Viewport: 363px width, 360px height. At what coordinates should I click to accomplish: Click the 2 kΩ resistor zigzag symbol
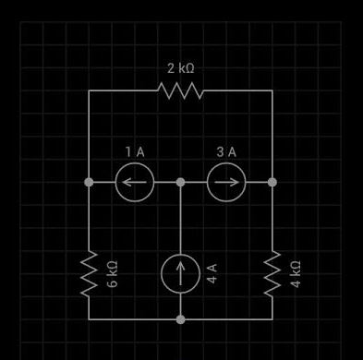180,90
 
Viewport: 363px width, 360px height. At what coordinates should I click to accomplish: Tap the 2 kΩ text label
180,68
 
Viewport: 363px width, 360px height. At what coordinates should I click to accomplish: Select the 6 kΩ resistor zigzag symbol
89,273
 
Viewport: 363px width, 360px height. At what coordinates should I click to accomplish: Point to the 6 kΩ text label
112,273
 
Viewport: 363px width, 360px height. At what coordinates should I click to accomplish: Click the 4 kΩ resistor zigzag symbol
272,273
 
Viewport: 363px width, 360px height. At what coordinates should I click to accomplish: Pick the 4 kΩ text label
296,273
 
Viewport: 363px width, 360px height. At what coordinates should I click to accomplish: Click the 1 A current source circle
135,182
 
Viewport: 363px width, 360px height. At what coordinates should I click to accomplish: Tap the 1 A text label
135,151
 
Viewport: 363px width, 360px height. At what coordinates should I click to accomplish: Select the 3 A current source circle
226,182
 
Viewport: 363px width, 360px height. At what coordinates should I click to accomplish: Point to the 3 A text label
226,151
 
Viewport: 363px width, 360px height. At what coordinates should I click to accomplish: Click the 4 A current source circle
181,273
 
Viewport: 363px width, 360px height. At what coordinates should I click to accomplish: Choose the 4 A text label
212,273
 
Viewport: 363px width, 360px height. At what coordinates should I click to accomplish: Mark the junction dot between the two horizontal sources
181,182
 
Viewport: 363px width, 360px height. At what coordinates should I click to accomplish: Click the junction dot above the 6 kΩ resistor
89,182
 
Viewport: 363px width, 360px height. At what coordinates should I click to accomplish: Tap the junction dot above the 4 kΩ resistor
272,182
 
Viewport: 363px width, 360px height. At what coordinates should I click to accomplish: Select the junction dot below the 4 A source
181,319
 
